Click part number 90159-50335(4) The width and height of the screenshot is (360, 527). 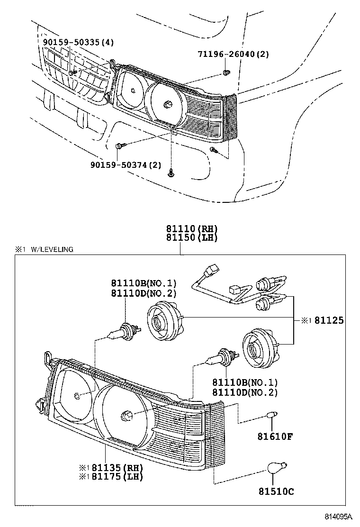click(x=78, y=42)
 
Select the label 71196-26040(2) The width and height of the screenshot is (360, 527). click(x=233, y=54)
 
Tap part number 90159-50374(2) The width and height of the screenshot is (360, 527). click(x=126, y=165)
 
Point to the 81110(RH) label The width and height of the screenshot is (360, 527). click(x=191, y=228)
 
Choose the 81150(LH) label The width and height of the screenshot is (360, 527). click(x=191, y=237)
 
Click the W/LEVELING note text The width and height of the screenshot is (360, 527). click(x=52, y=249)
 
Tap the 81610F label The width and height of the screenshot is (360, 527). click(x=274, y=436)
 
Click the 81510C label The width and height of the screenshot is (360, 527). click(x=276, y=491)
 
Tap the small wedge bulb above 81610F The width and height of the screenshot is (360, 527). click(x=271, y=415)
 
